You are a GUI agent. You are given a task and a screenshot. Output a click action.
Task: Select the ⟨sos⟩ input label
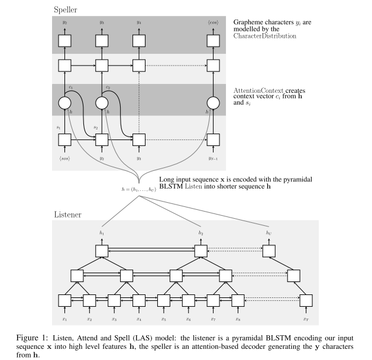coord(65,158)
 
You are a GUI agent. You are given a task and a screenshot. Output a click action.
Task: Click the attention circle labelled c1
coord(65,103)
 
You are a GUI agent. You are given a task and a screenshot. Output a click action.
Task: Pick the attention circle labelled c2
coord(102,103)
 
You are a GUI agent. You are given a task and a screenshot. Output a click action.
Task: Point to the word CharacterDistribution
coord(264,36)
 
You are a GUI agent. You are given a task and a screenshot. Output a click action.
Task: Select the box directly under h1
coord(102,251)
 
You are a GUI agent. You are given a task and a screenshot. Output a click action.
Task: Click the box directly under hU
coord(269,251)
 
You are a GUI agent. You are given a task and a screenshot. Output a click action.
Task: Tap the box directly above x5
coord(163,300)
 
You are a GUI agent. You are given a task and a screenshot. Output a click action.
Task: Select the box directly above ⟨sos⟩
coord(65,140)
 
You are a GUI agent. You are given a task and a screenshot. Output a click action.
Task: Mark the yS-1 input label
coord(213,158)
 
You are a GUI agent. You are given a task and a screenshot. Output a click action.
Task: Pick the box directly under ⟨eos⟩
coord(213,40)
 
